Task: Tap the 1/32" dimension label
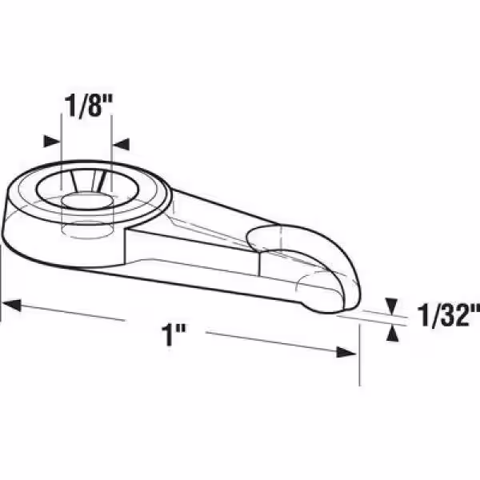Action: coord(449,315)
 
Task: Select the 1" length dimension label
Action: coord(174,335)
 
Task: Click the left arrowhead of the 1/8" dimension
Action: coord(51,141)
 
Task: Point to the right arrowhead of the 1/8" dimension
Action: coord(122,144)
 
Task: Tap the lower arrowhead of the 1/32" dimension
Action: coord(392,334)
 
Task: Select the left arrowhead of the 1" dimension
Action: coord(12,305)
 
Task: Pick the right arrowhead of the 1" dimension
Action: coord(346,352)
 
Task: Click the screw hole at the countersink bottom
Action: coord(87,202)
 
